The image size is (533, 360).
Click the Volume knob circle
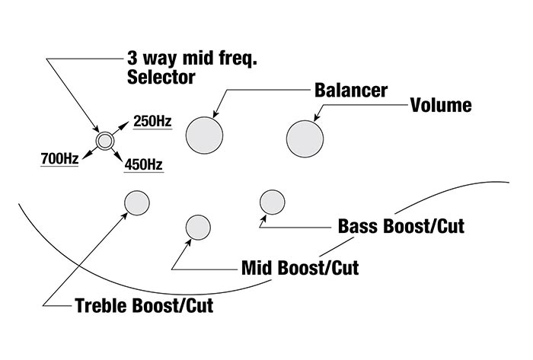[304, 138]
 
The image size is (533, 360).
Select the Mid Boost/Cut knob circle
[198, 228]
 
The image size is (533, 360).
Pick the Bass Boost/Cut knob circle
[272, 202]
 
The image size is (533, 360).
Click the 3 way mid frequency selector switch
[104, 141]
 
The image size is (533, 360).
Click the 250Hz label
[152, 121]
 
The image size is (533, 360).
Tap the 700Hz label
[59, 160]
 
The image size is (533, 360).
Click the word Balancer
[351, 90]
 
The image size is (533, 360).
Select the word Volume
[441, 105]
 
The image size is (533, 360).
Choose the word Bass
[356, 226]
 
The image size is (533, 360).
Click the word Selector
[161, 77]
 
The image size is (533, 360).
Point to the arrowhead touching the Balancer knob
[215, 113]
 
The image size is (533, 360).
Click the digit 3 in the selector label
[132, 57]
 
